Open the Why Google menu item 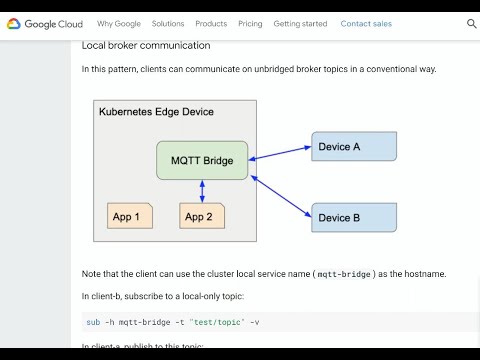coord(119,23)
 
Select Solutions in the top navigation coord(168,23)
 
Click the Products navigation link coord(211,23)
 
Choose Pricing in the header coord(250,23)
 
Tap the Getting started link coord(300,23)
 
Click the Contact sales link coord(366,23)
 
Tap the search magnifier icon coord(472,23)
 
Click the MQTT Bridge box coord(202,160)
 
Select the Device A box coord(354,147)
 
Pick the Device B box coord(354,217)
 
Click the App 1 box coord(130,216)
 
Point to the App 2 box coord(202,216)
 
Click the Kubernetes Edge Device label coord(156,111)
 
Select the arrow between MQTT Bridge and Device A coord(280,152)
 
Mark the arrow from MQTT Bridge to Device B coord(280,194)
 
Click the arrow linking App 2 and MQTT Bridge coord(202,191)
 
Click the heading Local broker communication coord(146,45)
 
